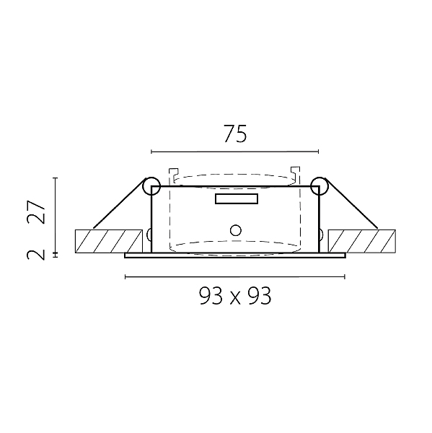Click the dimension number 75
235,134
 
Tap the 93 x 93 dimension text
235,295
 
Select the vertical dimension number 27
35,211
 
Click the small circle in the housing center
235,230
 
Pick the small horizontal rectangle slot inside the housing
237,199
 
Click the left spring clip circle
151,186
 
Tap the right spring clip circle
319,186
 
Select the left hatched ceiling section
109,241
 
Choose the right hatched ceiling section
362,241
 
